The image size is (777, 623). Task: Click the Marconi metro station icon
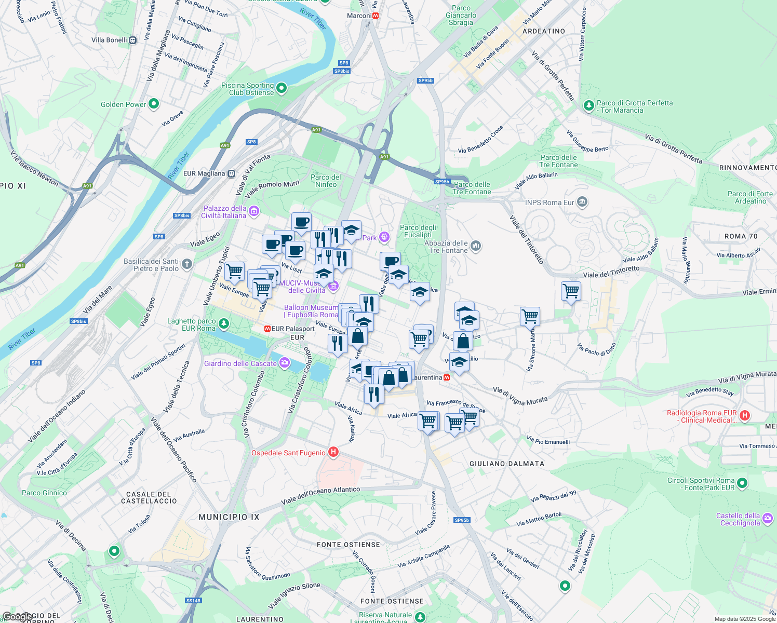(x=376, y=16)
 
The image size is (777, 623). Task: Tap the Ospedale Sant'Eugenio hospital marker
(x=333, y=452)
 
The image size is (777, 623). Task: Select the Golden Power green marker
(x=154, y=104)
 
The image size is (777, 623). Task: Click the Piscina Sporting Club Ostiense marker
(x=282, y=88)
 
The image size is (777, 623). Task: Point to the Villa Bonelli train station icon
(x=133, y=40)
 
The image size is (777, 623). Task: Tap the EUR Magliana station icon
(x=232, y=173)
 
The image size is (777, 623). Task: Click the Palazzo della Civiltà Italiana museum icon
(x=254, y=211)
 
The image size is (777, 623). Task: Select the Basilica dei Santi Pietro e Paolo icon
(x=186, y=264)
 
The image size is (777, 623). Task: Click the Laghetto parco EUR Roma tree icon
(x=223, y=324)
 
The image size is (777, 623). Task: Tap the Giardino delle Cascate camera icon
(x=284, y=363)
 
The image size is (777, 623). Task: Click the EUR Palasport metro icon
(x=267, y=329)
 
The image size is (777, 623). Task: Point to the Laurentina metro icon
(x=447, y=377)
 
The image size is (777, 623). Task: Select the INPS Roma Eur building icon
(x=582, y=201)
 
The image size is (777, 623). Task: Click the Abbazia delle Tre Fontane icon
(x=476, y=246)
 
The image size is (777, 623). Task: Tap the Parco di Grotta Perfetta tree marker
(x=588, y=106)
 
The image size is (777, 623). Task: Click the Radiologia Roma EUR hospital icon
(x=744, y=415)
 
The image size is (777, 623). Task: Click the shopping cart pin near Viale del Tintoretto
(x=571, y=291)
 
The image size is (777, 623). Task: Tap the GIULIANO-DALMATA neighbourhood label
(x=506, y=464)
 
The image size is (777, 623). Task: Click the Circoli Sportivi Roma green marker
(x=742, y=483)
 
